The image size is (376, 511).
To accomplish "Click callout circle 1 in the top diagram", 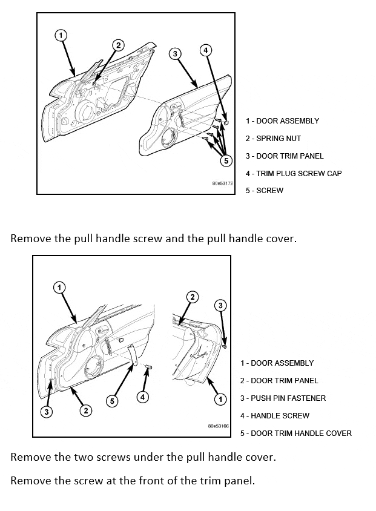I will pos(61,35).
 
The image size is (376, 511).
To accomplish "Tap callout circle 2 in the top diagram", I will pos(118,45).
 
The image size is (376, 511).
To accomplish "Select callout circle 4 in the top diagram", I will pos(206,50).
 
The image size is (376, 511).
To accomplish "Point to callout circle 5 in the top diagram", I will pos(226,160).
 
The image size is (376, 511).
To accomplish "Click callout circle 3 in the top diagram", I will pos(175,54).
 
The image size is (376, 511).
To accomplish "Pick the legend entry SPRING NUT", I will pos(273,139).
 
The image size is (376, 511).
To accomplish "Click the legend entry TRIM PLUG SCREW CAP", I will pos(294,173).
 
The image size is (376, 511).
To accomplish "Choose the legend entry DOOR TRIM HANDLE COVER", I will pos(295,433).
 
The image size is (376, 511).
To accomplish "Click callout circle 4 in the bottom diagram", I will pos(142,397).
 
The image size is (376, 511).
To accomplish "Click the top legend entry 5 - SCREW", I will pos(265,191).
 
